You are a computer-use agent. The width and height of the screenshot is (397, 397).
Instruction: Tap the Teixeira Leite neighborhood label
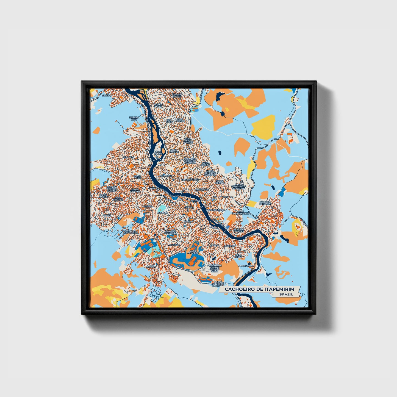click(x=134, y=118)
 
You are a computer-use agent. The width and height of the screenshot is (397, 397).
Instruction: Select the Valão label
click(x=106, y=95)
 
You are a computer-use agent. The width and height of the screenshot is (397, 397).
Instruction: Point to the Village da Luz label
click(x=177, y=95)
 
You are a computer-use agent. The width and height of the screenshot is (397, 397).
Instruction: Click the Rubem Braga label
click(x=158, y=106)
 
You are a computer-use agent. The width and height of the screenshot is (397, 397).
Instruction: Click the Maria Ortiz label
click(x=137, y=176)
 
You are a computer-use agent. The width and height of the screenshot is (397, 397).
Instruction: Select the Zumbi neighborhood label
click(x=107, y=215)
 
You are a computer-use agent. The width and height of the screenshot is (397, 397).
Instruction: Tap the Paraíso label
click(x=151, y=266)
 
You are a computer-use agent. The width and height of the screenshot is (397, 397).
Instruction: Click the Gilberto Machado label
click(x=170, y=232)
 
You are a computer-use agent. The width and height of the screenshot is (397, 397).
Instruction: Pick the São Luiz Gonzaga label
click(x=265, y=203)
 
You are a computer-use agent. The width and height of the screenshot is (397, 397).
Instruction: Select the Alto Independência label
click(x=241, y=212)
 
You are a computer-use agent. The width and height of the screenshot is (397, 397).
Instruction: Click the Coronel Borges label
click(x=239, y=230)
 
